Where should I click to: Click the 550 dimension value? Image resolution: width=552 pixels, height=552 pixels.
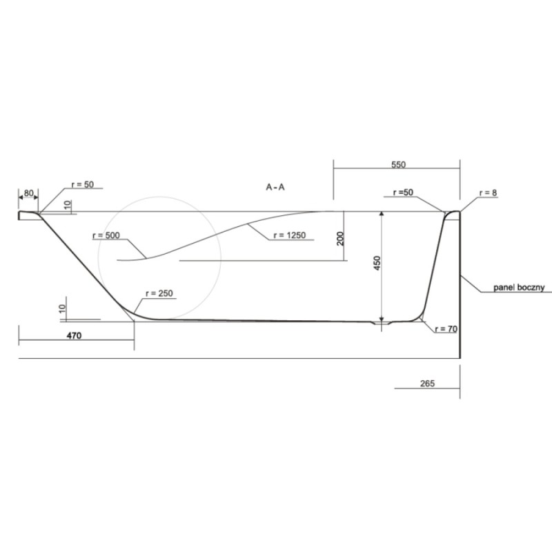point(398,164)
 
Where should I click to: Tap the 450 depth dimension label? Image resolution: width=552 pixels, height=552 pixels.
point(377,263)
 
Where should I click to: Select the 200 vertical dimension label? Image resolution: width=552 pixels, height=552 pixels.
point(340,238)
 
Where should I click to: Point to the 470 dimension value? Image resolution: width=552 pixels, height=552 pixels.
point(74,335)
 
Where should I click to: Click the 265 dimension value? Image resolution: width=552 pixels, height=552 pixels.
point(427,383)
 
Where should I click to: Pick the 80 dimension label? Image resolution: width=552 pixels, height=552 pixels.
point(28,193)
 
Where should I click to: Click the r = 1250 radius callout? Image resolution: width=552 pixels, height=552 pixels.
point(289,235)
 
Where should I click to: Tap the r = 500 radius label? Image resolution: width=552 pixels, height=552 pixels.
point(106,235)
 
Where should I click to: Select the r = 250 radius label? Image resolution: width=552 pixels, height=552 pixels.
point(159,293)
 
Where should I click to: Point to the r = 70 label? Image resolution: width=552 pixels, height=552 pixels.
point(446,329)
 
